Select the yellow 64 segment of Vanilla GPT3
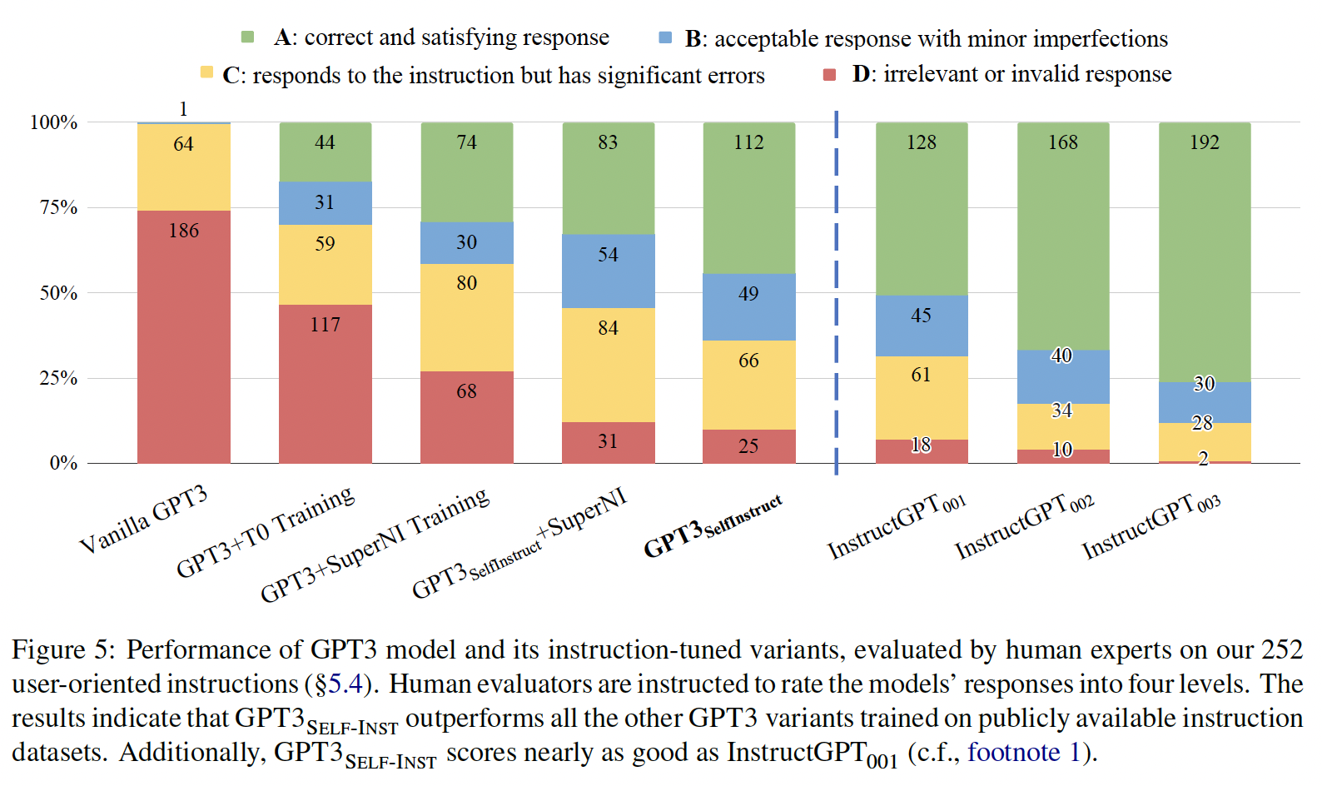(x=183, y=167)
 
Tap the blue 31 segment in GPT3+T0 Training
(x=325, y=202)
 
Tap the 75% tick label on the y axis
(x=58, y=207)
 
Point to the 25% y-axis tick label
(x=58, y=378)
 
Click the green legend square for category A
(x=247, y=37)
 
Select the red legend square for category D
(x=829, y=75)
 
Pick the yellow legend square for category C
(x=206, y=72)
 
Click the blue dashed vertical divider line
(x=836, y=291)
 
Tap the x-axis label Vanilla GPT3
(x=143, y=520)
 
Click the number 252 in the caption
(x=1281, y=649)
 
